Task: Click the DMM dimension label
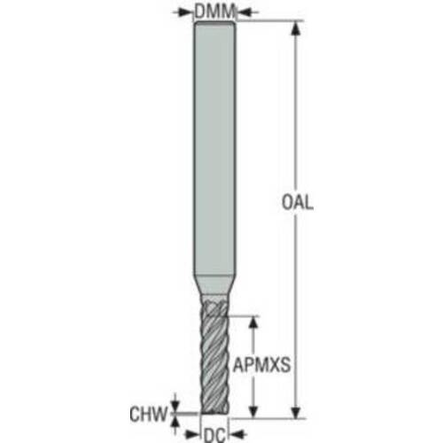coord(214,12)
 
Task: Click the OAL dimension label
coord(297,203)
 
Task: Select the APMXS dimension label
coord(262,365)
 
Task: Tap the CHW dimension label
coord(148,414)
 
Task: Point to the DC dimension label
coord(214,435)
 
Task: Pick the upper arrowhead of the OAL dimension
coord(296,29)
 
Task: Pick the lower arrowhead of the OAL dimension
coord(296,410)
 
